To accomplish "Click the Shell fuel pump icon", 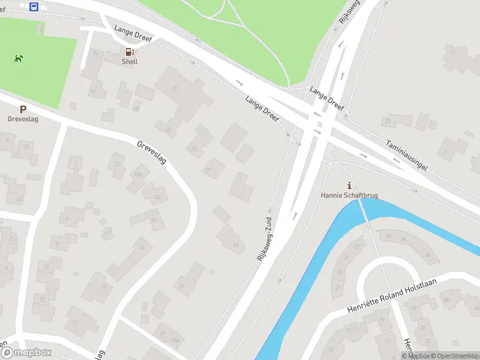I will (129, 52).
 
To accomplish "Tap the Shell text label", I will (130, 62).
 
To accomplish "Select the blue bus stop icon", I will (34, 7).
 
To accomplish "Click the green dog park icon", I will (19, 58).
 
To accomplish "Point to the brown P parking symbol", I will (23, 110).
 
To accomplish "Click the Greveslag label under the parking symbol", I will (23, 119).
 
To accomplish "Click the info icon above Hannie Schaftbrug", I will (349, 185).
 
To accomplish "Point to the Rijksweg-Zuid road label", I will (265, 237).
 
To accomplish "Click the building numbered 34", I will (234, 242).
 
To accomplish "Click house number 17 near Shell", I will (92, 92).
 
